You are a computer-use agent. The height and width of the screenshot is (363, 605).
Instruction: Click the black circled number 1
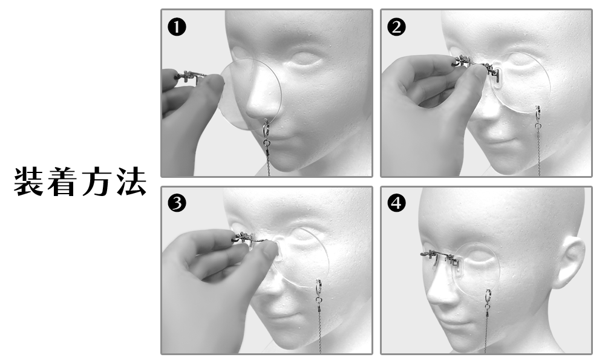pyautogui.click(x=177, y=27)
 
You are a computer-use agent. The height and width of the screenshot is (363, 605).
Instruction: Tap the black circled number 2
pyautogui.click(x=397, y=27)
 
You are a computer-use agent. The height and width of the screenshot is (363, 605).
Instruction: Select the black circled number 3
pyautogui.click(x=177, y=203)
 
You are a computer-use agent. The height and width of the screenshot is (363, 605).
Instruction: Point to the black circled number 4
pyautogui.click(x=397, y=203)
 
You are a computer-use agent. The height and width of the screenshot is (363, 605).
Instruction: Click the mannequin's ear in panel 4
pyautogui.click(x=569, y=263)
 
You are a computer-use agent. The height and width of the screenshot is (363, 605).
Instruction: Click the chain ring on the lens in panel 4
pyautogui.click(x=488, y=296)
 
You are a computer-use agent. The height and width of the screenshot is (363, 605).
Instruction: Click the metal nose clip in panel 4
pyautogui.click(x=440, y=258)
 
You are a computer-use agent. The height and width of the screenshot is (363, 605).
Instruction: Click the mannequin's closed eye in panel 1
pyautogui.click(x=306, y=59)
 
